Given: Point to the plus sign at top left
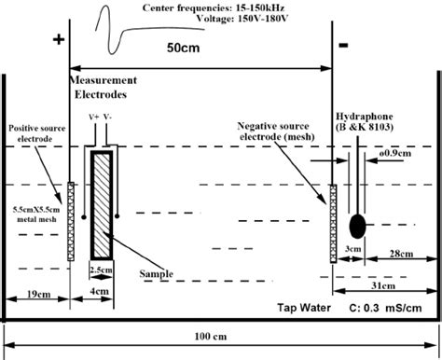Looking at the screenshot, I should coord(60,40).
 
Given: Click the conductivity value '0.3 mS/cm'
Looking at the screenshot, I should coord(397,307).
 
